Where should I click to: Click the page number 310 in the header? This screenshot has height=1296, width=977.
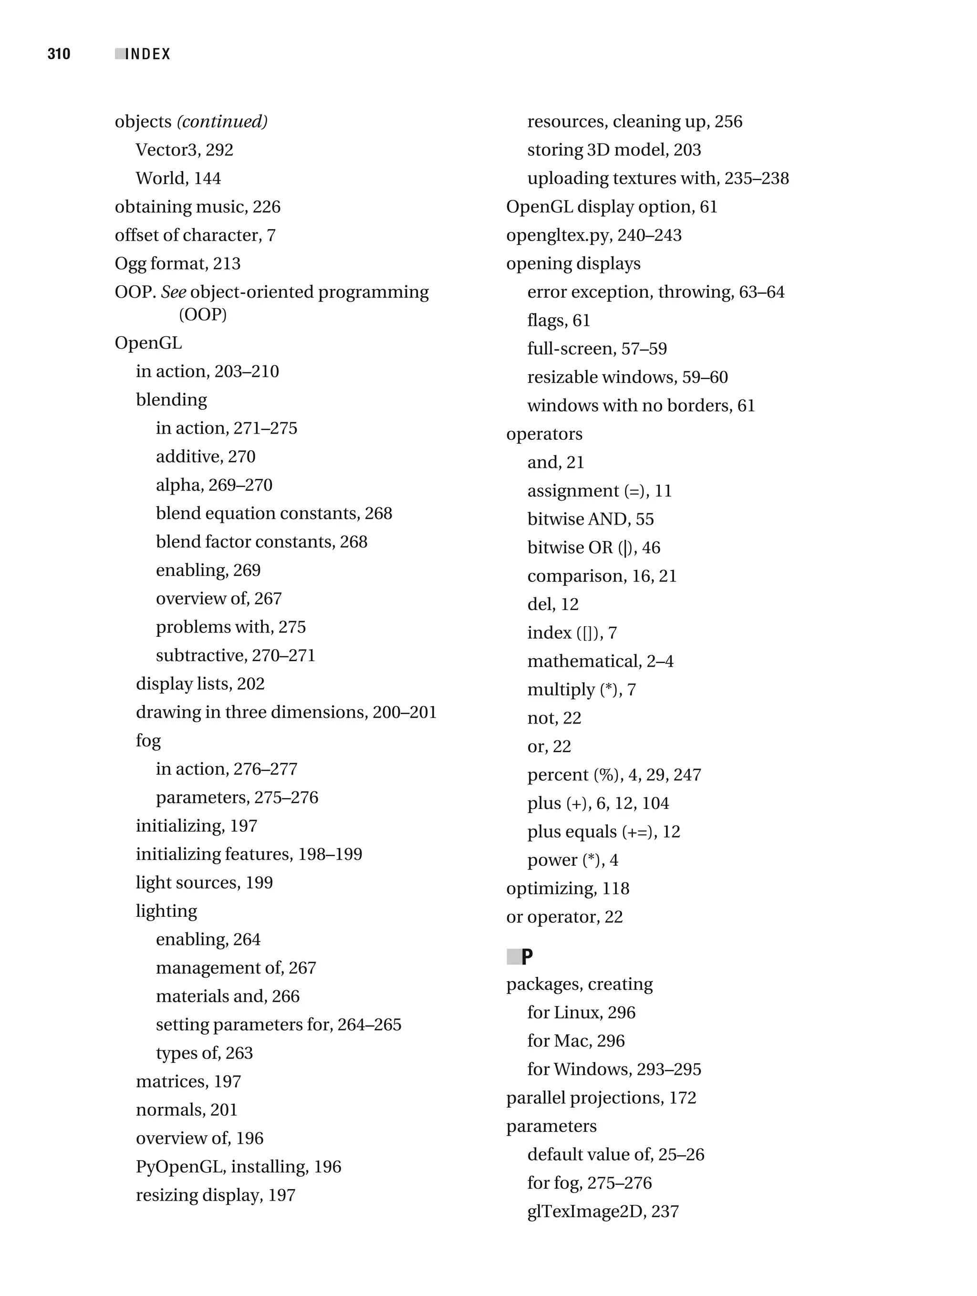pyautogui.click(x=59, y=54)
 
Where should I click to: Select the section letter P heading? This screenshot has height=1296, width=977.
pyautogui.click(x=527, y=957)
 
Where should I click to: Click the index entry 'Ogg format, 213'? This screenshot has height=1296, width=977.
pyautogui.click(x=177, y=264)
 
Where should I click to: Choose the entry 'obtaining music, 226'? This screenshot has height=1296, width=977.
pyautogui.click(x=197, y=207)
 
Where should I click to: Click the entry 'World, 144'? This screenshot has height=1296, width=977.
pyautogui.click(x=178, y=178)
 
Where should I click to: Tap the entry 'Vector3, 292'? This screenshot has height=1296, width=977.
pyautogui.click(x=184, y=150)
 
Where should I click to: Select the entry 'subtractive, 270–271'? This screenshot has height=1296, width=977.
pyautogui.click(x=235, y=655)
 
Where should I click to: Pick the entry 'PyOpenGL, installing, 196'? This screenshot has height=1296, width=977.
pyautogui.click(x=238, y=1167)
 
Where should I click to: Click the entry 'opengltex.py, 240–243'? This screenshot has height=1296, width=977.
pyautogui.click(x=594, y=235)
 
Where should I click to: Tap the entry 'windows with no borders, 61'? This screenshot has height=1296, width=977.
pyautogui.click(x=641, y=405)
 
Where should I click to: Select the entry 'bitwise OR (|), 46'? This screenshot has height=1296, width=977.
pyautogui.click(x=593, y=547)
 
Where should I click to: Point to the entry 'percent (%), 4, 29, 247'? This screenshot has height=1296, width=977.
pyautogui.click(x=613, y=775)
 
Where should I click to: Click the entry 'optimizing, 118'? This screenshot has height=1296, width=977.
pyautogui.click(x=567, y=888)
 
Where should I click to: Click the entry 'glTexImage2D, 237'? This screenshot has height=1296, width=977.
pyautogui.click(x=603, y=1211)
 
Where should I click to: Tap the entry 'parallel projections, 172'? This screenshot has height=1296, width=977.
pyautogui.click(x=601, y=1098)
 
